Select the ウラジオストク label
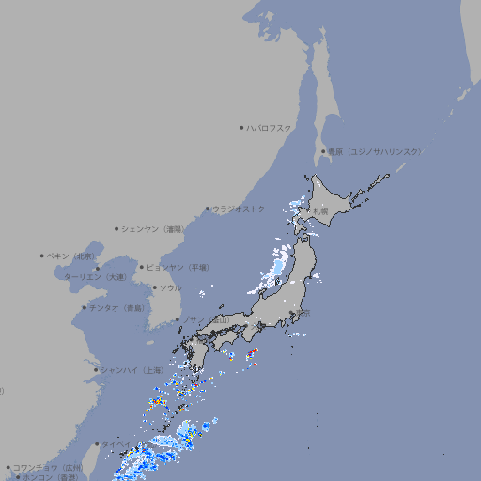(239, 209)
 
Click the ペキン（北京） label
(71, 256)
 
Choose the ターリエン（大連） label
(95, 277)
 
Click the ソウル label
(170, 287)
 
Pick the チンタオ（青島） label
(116, 308)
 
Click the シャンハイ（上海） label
(132, 370)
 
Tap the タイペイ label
(116, 442)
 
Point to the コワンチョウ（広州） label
(48, 467)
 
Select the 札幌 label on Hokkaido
(321, 210)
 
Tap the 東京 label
(302, 313)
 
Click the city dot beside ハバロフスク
(241, 127)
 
